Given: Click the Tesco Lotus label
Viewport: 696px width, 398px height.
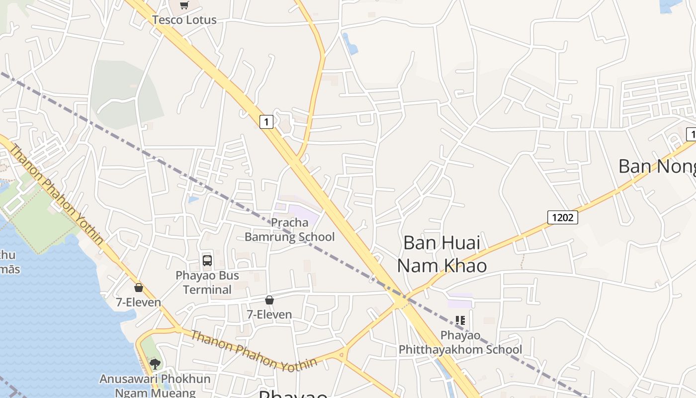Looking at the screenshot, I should coord(184,20).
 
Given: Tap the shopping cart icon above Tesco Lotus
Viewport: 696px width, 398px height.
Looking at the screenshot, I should coord(184,5).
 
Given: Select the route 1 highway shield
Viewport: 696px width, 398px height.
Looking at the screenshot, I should coord(266,121).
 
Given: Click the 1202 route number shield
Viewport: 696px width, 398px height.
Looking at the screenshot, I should coord(563,217).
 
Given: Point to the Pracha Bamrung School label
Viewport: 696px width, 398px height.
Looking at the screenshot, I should coord(290,229).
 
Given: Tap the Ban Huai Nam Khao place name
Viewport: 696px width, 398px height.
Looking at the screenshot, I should coord(442,254).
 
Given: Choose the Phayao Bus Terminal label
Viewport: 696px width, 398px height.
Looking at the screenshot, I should coord(207,282).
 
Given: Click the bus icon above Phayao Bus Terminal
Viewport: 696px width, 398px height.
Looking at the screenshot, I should coord(207,260).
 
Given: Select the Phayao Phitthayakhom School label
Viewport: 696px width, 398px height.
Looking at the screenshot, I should coord(460,342).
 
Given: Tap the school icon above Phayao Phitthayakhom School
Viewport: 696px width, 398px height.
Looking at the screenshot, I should coord(460,320).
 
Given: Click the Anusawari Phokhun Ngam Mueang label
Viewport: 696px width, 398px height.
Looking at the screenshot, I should coord(155,386).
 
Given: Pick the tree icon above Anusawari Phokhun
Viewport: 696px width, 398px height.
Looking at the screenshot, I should coord(155,364).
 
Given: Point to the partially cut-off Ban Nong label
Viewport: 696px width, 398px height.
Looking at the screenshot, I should coord(656,167).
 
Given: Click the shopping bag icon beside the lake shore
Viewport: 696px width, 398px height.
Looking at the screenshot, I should coord(139,288).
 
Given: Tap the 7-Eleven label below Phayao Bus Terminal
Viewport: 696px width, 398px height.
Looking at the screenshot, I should coord(269,314).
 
